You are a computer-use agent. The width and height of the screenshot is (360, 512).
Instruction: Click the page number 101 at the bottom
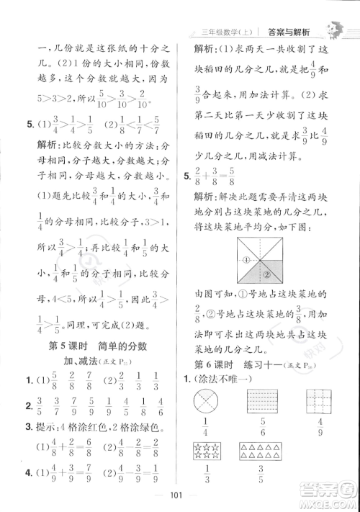(179, 493)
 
